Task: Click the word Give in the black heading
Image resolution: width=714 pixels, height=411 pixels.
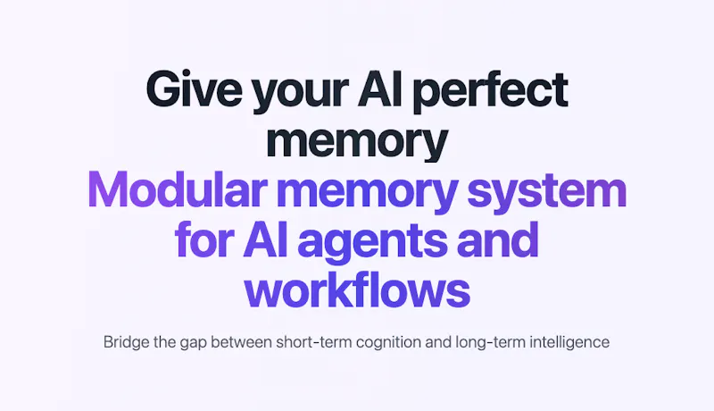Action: point(195,89)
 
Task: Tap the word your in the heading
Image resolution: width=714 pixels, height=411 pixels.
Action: point(301,95)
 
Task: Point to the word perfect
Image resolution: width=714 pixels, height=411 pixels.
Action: point(490,91)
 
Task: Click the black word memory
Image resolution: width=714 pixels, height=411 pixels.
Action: point(357,142)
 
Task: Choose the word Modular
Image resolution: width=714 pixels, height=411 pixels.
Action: point(177,190)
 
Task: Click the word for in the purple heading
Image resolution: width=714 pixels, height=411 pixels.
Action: point(204,239)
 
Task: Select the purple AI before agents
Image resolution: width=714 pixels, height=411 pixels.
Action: point(265,240)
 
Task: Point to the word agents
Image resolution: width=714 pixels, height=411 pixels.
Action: point(372,243)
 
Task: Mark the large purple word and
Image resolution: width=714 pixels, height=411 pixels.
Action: point(498,239)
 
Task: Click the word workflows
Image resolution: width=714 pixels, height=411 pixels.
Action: point(357,289)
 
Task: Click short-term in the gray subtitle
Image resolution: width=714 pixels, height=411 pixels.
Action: point(314,341)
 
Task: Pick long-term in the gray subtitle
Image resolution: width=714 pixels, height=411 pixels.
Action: point(490,343)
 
